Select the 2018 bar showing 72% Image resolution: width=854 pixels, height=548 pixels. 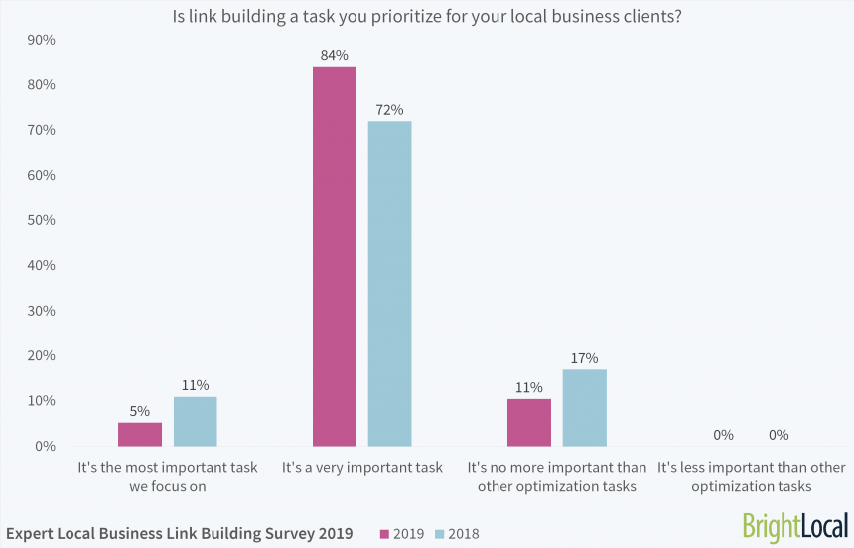click(x=389, y=283)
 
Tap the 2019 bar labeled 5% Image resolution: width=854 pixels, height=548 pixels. click(x=140, y=434)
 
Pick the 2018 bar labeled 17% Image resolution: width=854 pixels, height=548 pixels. click(x=584, y=407)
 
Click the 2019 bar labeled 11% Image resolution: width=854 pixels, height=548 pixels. click(x=528, y=422)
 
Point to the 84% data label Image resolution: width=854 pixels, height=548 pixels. click(x=334, y=56)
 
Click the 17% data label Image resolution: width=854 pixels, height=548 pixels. click(x=585, y=358)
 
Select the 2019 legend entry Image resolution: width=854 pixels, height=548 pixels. click(x=401, y=534)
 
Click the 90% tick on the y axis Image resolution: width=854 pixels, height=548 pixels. click(x=41, y=40)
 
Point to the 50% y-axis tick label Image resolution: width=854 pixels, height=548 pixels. click(x=41, y=220)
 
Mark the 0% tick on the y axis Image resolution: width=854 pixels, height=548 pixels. click(x=45, y=446)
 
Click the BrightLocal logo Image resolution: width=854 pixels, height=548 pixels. click(x=794, y=526)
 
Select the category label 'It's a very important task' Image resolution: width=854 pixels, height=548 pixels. click(x=361, y=467)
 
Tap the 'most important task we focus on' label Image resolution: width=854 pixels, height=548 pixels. click(x=167, y=477)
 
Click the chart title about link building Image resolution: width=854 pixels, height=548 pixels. click(x=427, y=15)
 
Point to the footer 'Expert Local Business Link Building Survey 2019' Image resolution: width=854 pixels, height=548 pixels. click(x=179, y=534)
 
